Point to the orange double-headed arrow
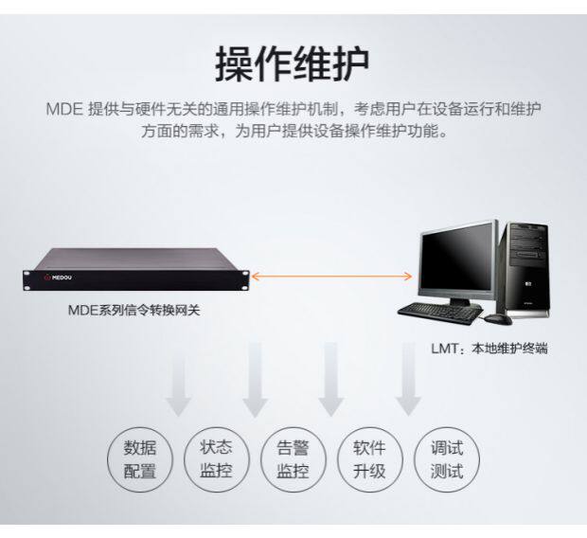tap(332, 277)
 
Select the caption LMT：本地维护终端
tap(489, 349)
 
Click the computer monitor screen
tap(458, 261)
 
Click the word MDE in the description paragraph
tap(62, 107)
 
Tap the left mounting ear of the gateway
tap(25, 278)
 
